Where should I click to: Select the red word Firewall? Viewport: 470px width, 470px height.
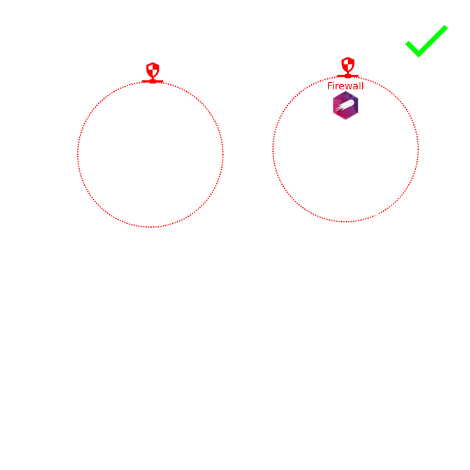click(x=345, y=86)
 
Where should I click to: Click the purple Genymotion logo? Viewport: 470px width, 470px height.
click(x=345, y=105)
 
